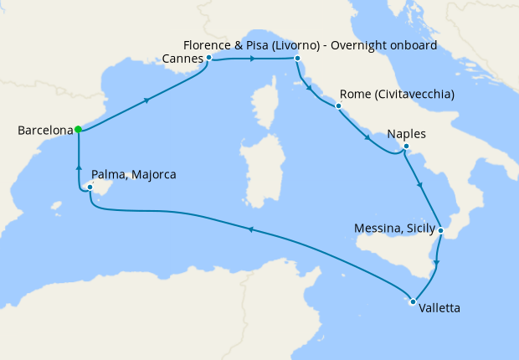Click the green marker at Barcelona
pos(78,129)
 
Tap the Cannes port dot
pos(208,59)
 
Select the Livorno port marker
pos(296,59)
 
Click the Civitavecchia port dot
pos(338,106)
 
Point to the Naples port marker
pos(405,147)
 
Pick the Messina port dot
pos(440,229)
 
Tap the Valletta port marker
pos(412,301)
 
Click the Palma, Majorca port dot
pos(90,187)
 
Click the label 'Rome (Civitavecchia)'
pos(397,95)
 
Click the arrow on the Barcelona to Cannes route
pos(148,100)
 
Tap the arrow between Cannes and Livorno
pos(252,59)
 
